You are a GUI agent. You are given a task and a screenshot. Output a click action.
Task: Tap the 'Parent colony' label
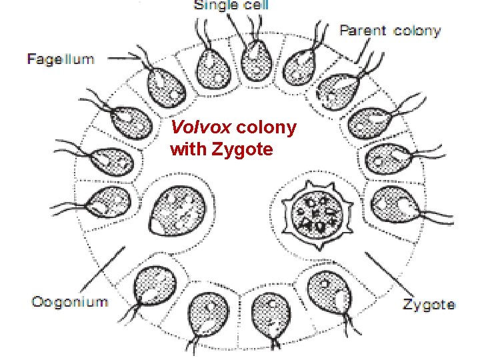390,31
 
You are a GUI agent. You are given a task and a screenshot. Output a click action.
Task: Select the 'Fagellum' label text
61,59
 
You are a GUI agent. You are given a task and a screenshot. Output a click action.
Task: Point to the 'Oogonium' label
69,301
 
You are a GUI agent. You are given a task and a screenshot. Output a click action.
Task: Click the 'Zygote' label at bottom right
429,305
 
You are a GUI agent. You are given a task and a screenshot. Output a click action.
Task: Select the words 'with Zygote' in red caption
221,149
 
